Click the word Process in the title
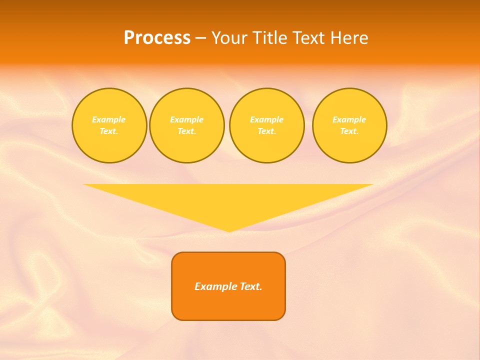(x=157, y=38)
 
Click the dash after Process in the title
(x=200, y=38)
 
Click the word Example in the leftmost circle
(x=109, y=119)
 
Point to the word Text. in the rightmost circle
(x=349, y=131)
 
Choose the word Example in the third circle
(x=266, y=119)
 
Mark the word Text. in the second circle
(x=186, y=131)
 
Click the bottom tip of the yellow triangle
(x=228, y=230)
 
